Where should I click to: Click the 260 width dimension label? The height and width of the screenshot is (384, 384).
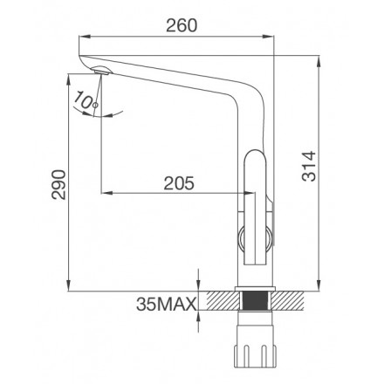click(182, 25)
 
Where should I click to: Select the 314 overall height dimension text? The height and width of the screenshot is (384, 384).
click(309, 166)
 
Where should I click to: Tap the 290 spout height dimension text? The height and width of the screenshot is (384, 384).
click(58, 184)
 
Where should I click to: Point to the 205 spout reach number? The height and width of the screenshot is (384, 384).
click(179, 183)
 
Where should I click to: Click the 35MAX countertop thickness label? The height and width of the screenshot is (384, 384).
click(166, 305)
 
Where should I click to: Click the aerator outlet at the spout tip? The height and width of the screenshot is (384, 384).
click(100, 71)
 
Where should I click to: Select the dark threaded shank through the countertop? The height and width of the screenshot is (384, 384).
click(255, 301)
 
